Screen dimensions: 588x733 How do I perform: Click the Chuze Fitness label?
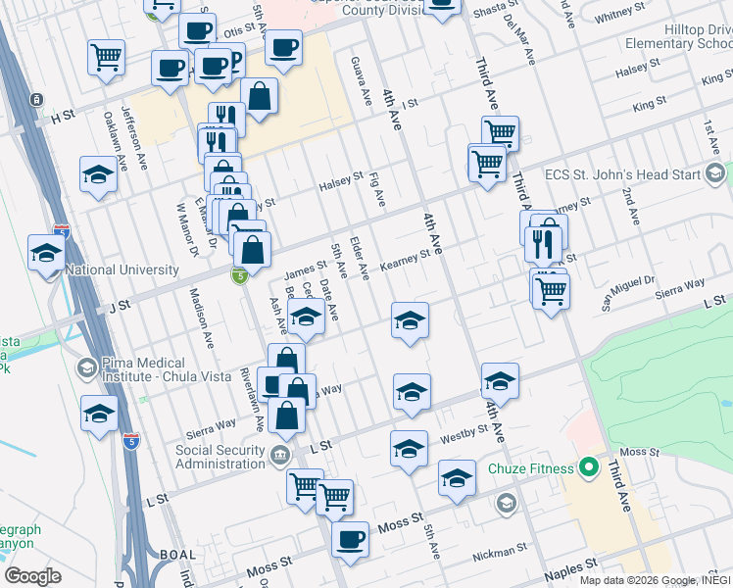click(x=531, y=468)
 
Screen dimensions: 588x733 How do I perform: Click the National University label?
click(x=122, y=269)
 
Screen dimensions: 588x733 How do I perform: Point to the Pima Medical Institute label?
click(x=147, y=369)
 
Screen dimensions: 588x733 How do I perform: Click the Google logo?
click(x=32, y=576)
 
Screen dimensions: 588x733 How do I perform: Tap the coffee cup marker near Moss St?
click(x=350, y=538)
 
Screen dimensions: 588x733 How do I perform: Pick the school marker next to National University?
click(x=46, y=254)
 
